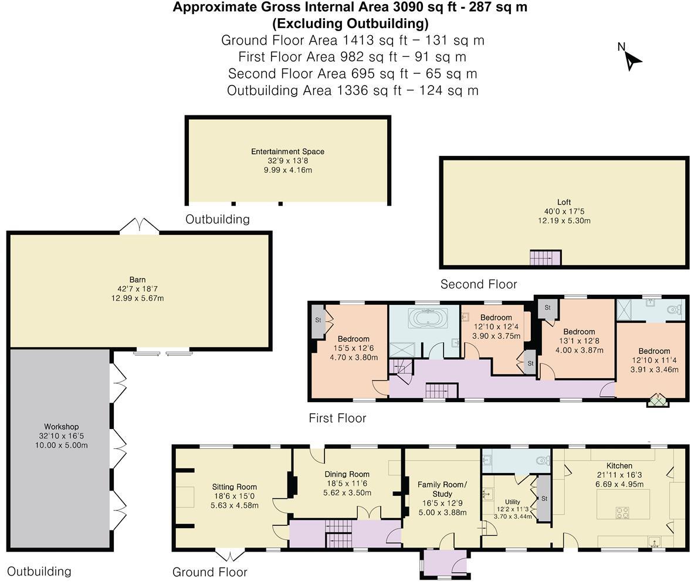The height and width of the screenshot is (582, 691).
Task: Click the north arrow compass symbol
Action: pyautogui.click(x=631, y=57)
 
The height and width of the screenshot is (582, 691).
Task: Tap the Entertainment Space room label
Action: pyautogui.click(x=287, y=151)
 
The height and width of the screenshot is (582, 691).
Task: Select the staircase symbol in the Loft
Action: pyautogui.click(x=545, y=257)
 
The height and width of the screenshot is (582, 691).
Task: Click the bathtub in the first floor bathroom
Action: pyautogui.click(x=428, y=318)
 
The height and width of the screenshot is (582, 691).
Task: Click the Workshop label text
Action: pyautogui.click(x=61, y=427)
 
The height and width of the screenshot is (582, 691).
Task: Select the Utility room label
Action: pyautogui.click(x=512, y=502)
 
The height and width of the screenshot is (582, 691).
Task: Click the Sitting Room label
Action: pyautogui.click(x=234, y=487)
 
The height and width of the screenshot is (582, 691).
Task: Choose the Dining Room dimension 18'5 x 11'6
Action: pyautogui.click(x=347, y=484)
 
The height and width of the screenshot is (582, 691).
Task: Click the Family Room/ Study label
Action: pyautogui.click(x=442, y=489)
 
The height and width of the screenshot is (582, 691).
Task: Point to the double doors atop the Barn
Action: pyautogui.click(x=139, y=226)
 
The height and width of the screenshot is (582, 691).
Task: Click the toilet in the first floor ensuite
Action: pyautogui.click(x=678, y=309)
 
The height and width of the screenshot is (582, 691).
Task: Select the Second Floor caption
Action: pyautogui.click(x=479, y=284)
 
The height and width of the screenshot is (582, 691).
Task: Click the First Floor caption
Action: pyautogui.click(x=337, y=418)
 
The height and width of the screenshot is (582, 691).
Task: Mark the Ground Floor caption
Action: pyautogui.click(x=209, y=572)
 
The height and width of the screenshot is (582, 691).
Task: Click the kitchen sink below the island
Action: pyautogui.click(x=653, y=541)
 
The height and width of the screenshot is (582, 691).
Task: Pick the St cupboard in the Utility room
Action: pyautogui.click(x=543, y=499)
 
